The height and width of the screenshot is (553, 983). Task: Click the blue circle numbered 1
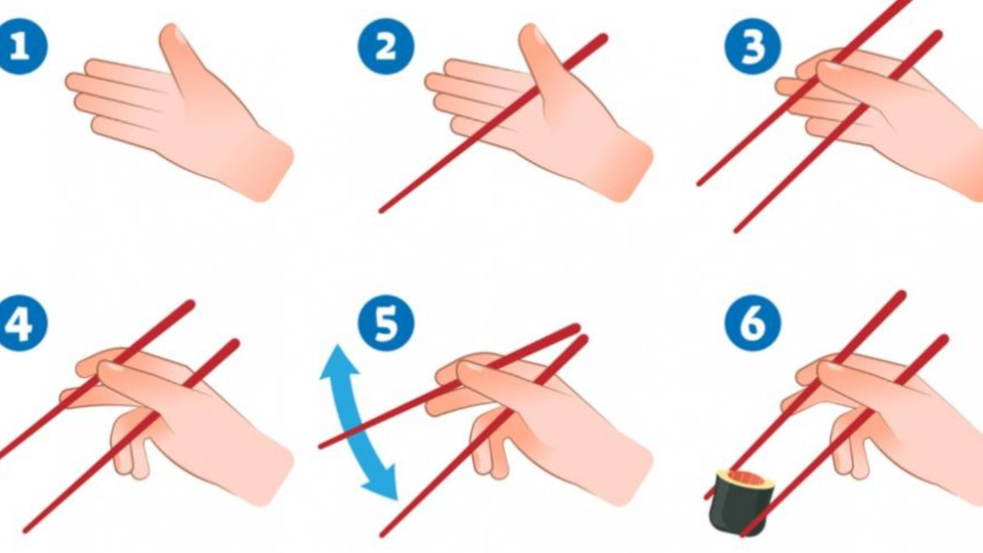(x=21, y=47)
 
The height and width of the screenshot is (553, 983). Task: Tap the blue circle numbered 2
(x=386, y=47)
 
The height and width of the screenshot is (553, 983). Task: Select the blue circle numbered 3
(x=753, y=47)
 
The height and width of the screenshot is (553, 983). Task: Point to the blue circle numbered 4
(x=21, y=323)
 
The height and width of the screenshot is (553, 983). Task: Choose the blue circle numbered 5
(x=386, y=323)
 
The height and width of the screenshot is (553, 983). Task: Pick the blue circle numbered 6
(x=753, y=323)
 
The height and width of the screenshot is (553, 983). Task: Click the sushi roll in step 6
(x=742, y=502)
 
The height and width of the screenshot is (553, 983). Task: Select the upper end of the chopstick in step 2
(x=604, y=38)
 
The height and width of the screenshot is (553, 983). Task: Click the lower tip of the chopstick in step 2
(x=381, y=211)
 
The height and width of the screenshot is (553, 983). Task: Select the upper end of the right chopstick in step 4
(x=236, y=343)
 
